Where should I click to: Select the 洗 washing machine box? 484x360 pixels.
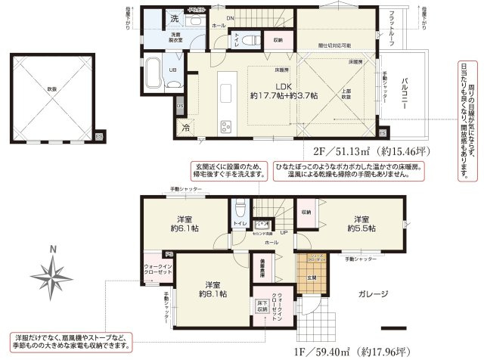173,17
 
